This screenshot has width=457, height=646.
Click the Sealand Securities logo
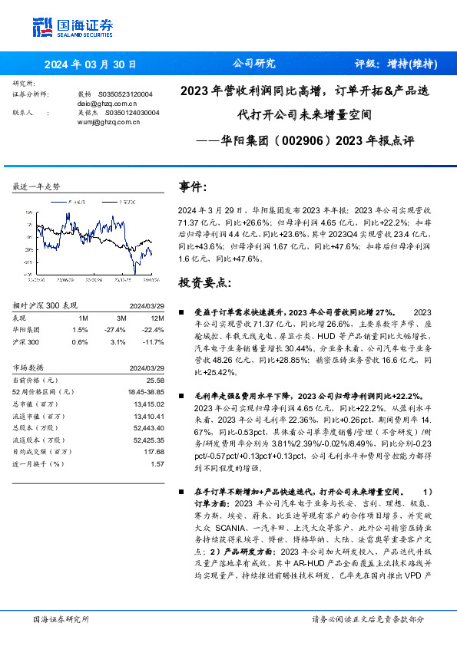[x=72, y=27]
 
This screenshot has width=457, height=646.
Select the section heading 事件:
[x=193, y=186]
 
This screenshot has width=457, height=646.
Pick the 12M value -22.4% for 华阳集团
[x=154, y=329]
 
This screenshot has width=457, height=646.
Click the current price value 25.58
[x=155, y=379]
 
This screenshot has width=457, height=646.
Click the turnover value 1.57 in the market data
[x=157, y=463]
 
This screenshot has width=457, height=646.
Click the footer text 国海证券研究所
[x=61, y=618]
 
